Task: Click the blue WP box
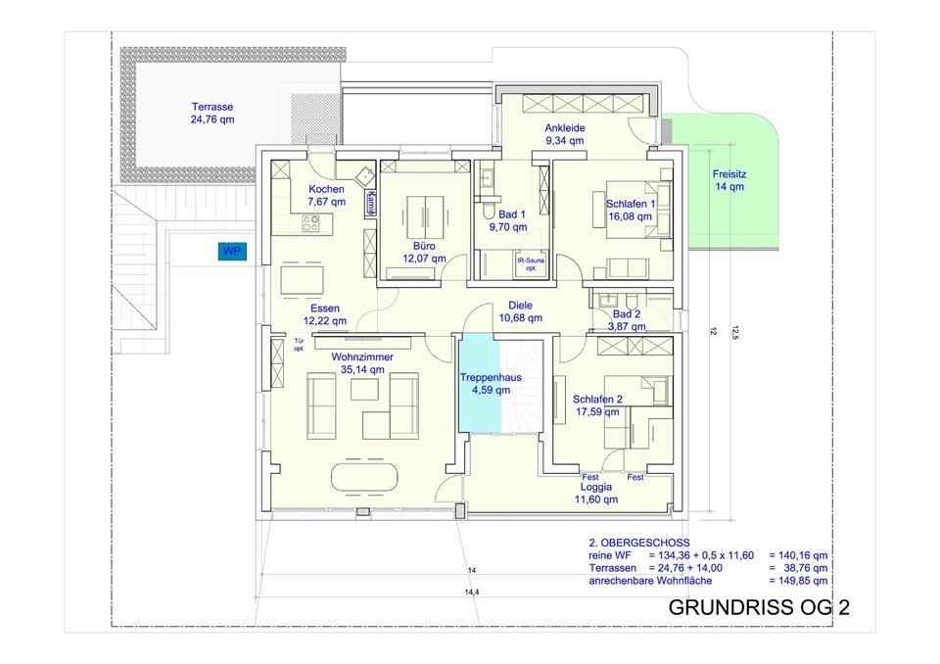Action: [x=232, y=251]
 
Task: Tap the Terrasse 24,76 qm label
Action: [x=212, y=114]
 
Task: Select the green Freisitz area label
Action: [x=728, y=180]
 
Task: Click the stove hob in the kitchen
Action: [x=310, y=223]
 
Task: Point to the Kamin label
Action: [x=372, y=202]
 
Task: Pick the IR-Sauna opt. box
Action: [x=531, y=264]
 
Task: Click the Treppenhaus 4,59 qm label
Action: [x=491, y=384]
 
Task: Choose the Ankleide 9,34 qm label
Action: [x=565, y=134]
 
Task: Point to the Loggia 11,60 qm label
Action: [x=596, y=493]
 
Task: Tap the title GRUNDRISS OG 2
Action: [x=759, y=607]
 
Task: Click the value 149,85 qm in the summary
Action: [x=798, y=581]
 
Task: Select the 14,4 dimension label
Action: [x=472, y=593]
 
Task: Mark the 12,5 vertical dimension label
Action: [x=735, y=333]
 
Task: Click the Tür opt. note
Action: [x=300, y=345]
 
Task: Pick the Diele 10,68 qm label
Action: [x=520, y=311]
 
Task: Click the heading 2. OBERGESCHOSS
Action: [x=639, y=543]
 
